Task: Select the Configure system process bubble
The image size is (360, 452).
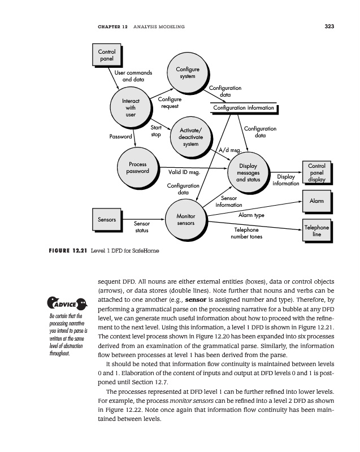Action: tap(187, 73)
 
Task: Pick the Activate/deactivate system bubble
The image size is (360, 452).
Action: tap(191, 138)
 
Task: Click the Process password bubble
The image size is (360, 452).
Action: tap(137, 168)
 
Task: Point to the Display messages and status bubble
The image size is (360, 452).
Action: tap(248, 172)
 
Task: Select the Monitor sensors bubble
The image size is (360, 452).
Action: tap(186, 220)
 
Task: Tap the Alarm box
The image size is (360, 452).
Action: tap(316, 201)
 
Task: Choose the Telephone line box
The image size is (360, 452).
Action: tap(316, 231)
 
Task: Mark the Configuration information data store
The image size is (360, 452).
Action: tap(244, 108)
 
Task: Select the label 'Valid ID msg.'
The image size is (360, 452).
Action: tap(185, 172)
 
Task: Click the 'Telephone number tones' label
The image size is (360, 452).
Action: tap(246, 233)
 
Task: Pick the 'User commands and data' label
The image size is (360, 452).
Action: tap(133, 76)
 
